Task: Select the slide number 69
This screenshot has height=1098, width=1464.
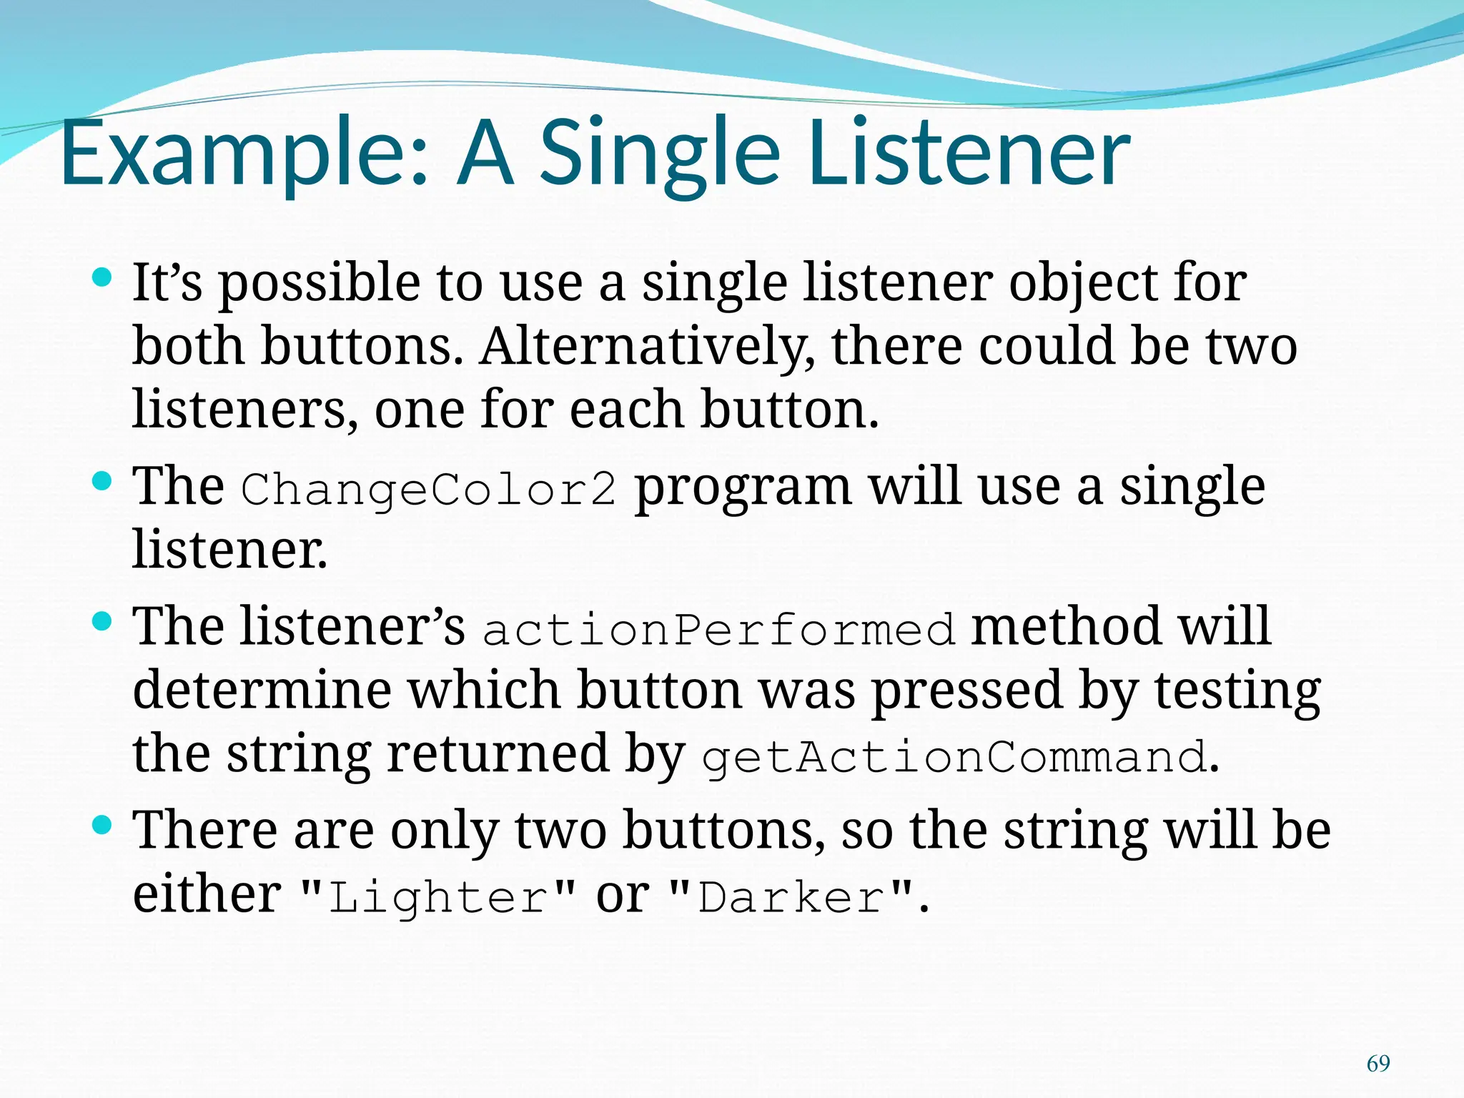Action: tap(1378, 1064)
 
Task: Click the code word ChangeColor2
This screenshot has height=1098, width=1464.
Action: tap(427, 490)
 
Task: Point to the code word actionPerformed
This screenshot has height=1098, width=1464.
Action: tap(718, 630)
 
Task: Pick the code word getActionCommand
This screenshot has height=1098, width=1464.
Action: tap(954, 757)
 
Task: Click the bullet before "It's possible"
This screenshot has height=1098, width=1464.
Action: tap(103, 277)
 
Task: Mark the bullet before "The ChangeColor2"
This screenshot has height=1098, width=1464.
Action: tap(103, 481)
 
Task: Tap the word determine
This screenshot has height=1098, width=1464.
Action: tap(262, 691)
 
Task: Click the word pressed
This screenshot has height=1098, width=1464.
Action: tap(966, 692)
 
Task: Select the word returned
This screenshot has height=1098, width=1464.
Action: tap(498, 753)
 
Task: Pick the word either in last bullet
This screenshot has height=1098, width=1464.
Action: tap(207, 894)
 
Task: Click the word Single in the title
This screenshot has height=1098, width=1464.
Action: tap(658, 154)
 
